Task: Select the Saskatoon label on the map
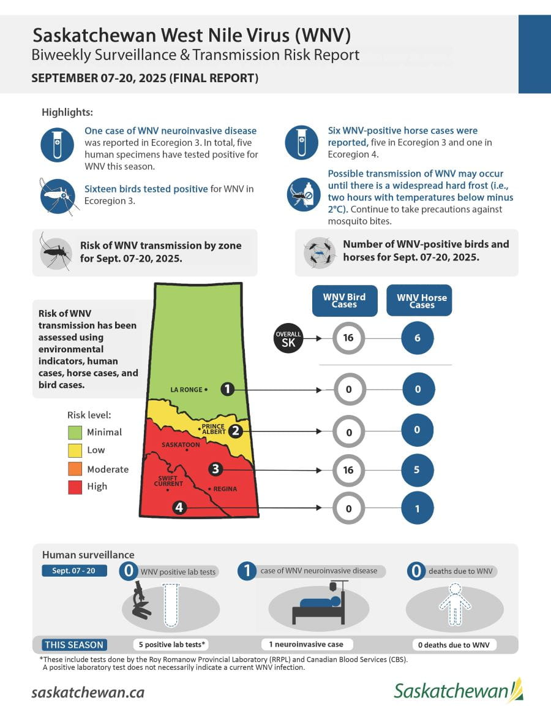[x=180, y=444]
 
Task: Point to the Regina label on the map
[x=225, y=489]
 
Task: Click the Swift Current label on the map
[x=170, y=481]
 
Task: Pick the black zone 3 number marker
[x=215, y=469]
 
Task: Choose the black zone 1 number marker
[x=228, y=389]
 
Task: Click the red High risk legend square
[x=75, y=487]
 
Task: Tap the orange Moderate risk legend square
[x=75, y=469]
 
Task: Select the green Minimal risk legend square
[x=75, y=433]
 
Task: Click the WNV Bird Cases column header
[x=344, y=301]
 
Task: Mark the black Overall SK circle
[x=288, y=338]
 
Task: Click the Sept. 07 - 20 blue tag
[x=74, y=571]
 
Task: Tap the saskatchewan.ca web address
[x=88, y=692]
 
